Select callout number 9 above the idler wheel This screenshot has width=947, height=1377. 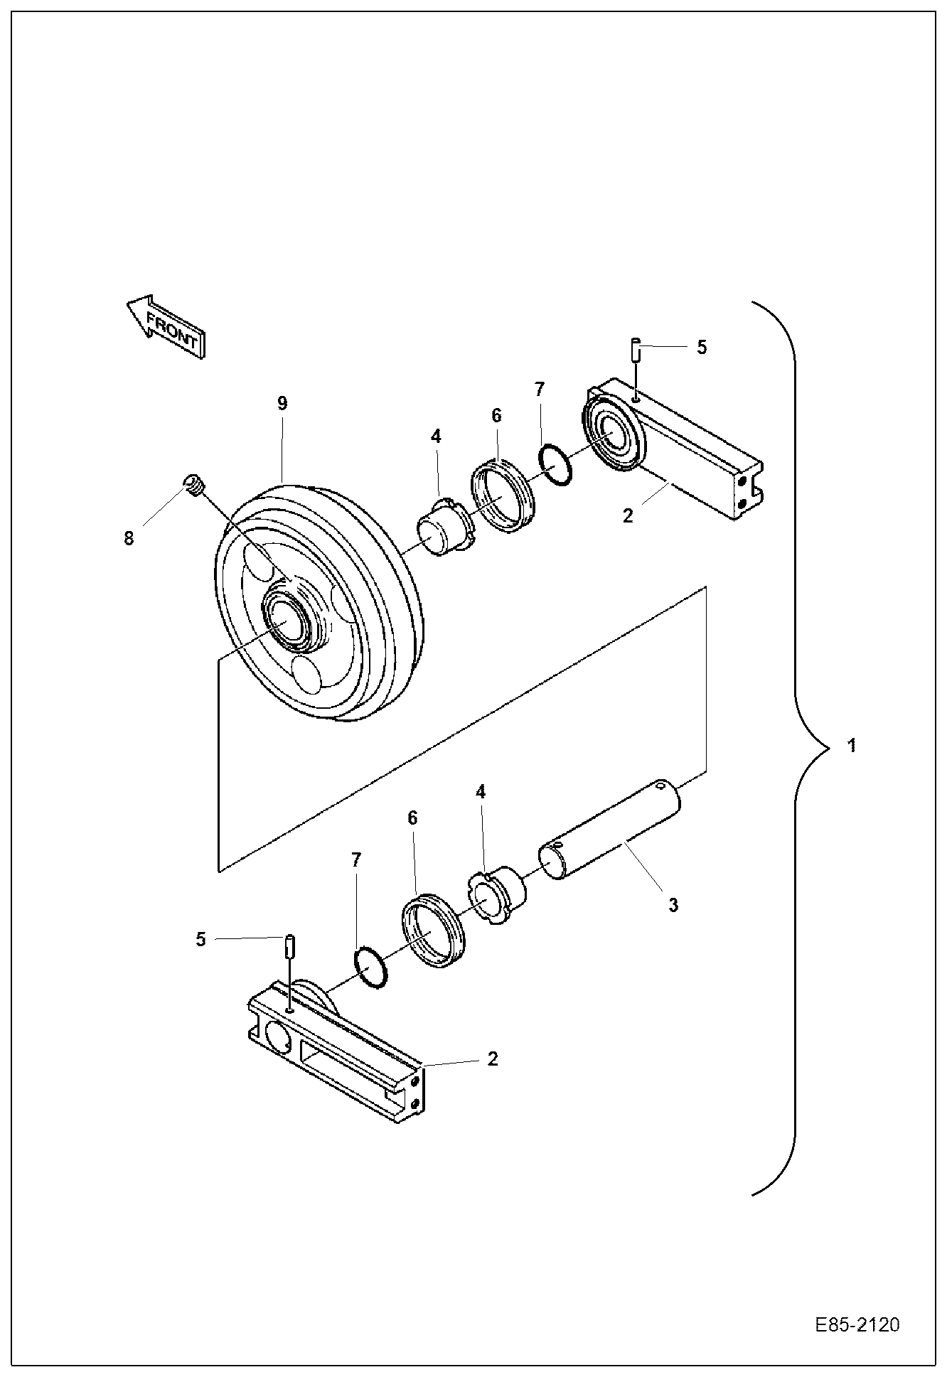coord(282,404)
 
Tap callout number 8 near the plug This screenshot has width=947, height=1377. coord(129,538)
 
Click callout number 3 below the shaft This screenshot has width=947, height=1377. coord(673,905)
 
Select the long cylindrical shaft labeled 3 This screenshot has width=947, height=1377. coord(611,830)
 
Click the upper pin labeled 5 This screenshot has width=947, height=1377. coord(636,350)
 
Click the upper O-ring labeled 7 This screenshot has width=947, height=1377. coord(556,465)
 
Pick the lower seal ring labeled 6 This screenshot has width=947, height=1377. coord(432,931)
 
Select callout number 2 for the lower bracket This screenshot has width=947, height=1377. coord(493,1059)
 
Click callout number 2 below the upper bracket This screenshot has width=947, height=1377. coord(627,515)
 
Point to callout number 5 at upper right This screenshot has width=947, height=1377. coord(702,347)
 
